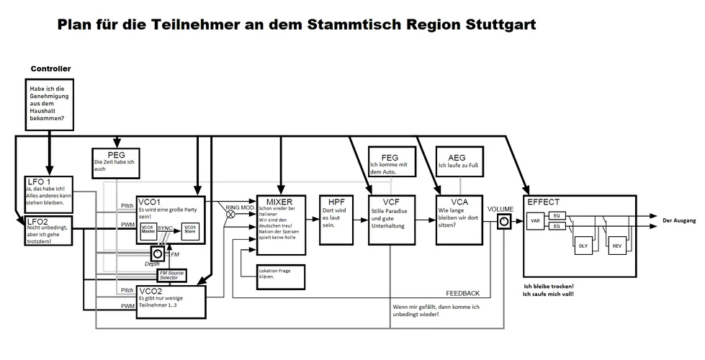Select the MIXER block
(x=280, y=223)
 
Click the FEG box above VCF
(x=389, y=163)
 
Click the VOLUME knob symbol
(x=503, y=223)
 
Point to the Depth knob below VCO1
(x=157, y=253)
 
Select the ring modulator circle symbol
(x=230, y=214)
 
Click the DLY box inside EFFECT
(x=583, y=246)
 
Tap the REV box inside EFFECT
(x=617, y=246)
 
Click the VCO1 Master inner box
(x=148, y=230)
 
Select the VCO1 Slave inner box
(x=190, y=230)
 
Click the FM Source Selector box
(x=170, y=276)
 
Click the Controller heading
(x=50, y=68)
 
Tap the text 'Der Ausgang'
(x=679, y=220)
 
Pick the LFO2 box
(x=47, y=230)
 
